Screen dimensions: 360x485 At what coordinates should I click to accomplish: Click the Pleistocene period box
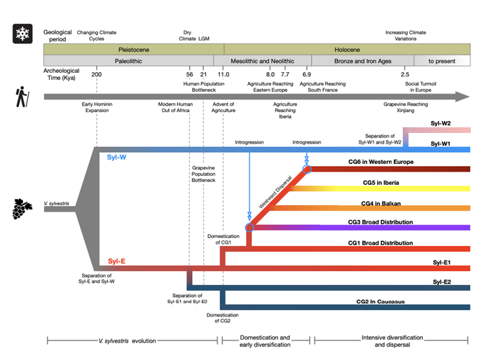tap(133, 50)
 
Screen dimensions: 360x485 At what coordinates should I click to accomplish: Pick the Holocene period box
tap(346, 50)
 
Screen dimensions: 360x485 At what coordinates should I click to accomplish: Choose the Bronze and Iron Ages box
tap(363, 61)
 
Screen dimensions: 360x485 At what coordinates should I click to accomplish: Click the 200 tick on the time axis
tap(97, 74)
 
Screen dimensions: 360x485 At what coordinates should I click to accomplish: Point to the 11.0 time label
tap(224, 74)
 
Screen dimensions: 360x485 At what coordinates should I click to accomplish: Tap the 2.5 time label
tap(405, 74)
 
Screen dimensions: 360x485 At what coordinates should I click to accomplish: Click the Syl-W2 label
tap(440, 123)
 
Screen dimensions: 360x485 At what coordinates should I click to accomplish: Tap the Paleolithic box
tap(133, 61)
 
